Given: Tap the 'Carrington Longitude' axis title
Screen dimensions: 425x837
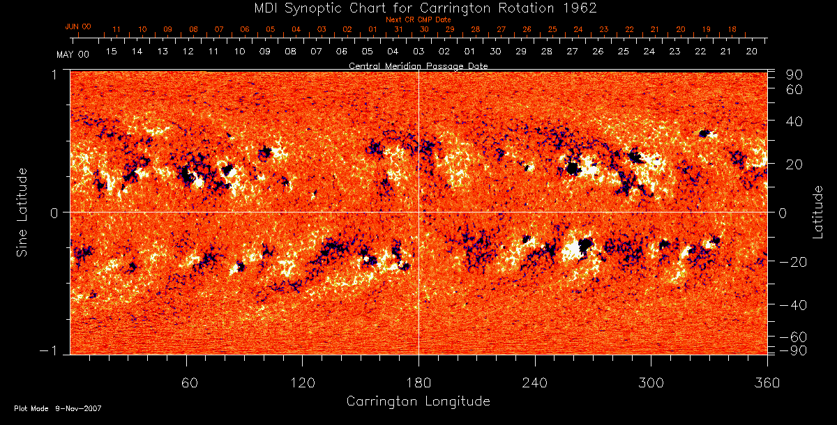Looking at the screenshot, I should point(418,401).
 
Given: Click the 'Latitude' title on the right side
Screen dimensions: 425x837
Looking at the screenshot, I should point(818,212).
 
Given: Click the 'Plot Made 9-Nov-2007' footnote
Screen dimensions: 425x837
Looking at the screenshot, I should point(58,408).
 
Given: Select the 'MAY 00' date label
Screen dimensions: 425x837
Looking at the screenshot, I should point(73,54).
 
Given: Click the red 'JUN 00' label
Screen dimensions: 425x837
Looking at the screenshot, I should point(77,26).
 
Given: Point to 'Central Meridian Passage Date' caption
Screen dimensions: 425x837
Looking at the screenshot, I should point(418,65).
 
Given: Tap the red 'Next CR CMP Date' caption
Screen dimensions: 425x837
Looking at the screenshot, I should point(418,20).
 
